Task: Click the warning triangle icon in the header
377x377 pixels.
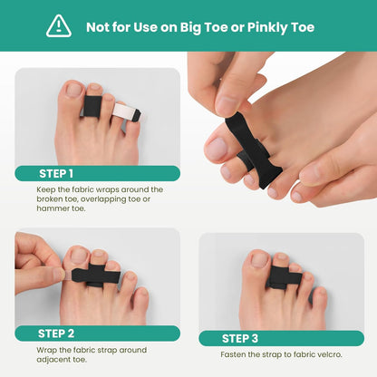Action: tap(59, 25)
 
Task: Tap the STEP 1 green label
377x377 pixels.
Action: tap(57, 173)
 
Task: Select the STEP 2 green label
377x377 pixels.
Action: tap(57, 333)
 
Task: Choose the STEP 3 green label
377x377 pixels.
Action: tap(240, 338)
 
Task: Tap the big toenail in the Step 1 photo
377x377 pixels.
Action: tap(72, 90)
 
